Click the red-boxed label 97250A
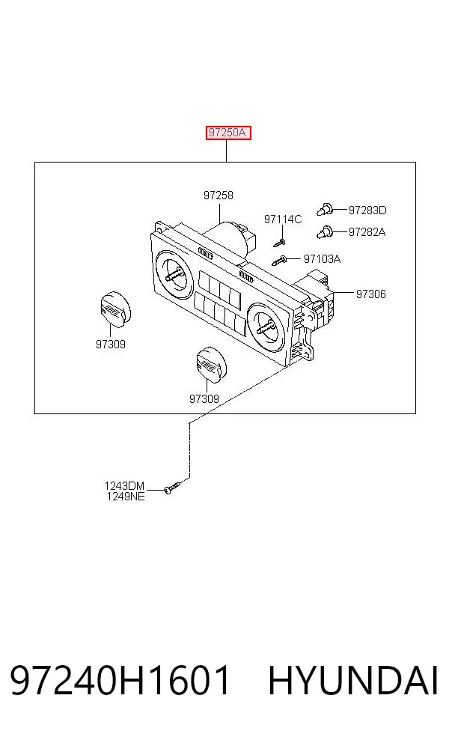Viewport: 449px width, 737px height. tap(227, 133)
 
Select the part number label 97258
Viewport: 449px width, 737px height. tap(219, 195)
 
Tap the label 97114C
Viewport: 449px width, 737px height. tap(283, 219)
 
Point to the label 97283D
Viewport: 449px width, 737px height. tap(367, 210)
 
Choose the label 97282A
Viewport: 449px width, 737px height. tap(367, 231)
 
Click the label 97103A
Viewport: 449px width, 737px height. tap(323, 258)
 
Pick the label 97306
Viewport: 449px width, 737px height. tap(371, 294)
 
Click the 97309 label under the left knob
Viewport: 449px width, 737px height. tap(111, 344)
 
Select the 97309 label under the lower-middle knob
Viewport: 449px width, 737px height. tap(204, 398)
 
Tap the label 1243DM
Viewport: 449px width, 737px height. tap(124, 485)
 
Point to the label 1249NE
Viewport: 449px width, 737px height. tap(126, 496)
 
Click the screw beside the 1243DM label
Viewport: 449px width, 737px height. tap(172, 487)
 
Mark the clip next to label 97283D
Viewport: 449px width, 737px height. tap(325, 209)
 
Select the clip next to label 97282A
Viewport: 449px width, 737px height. tap(325, 231)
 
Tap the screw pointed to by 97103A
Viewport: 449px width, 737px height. tap(280, 259)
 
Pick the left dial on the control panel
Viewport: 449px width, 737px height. tap(174, 275)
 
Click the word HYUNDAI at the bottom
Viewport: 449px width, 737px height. tap(353, 680)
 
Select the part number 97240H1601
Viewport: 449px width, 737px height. tap(120, 680)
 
